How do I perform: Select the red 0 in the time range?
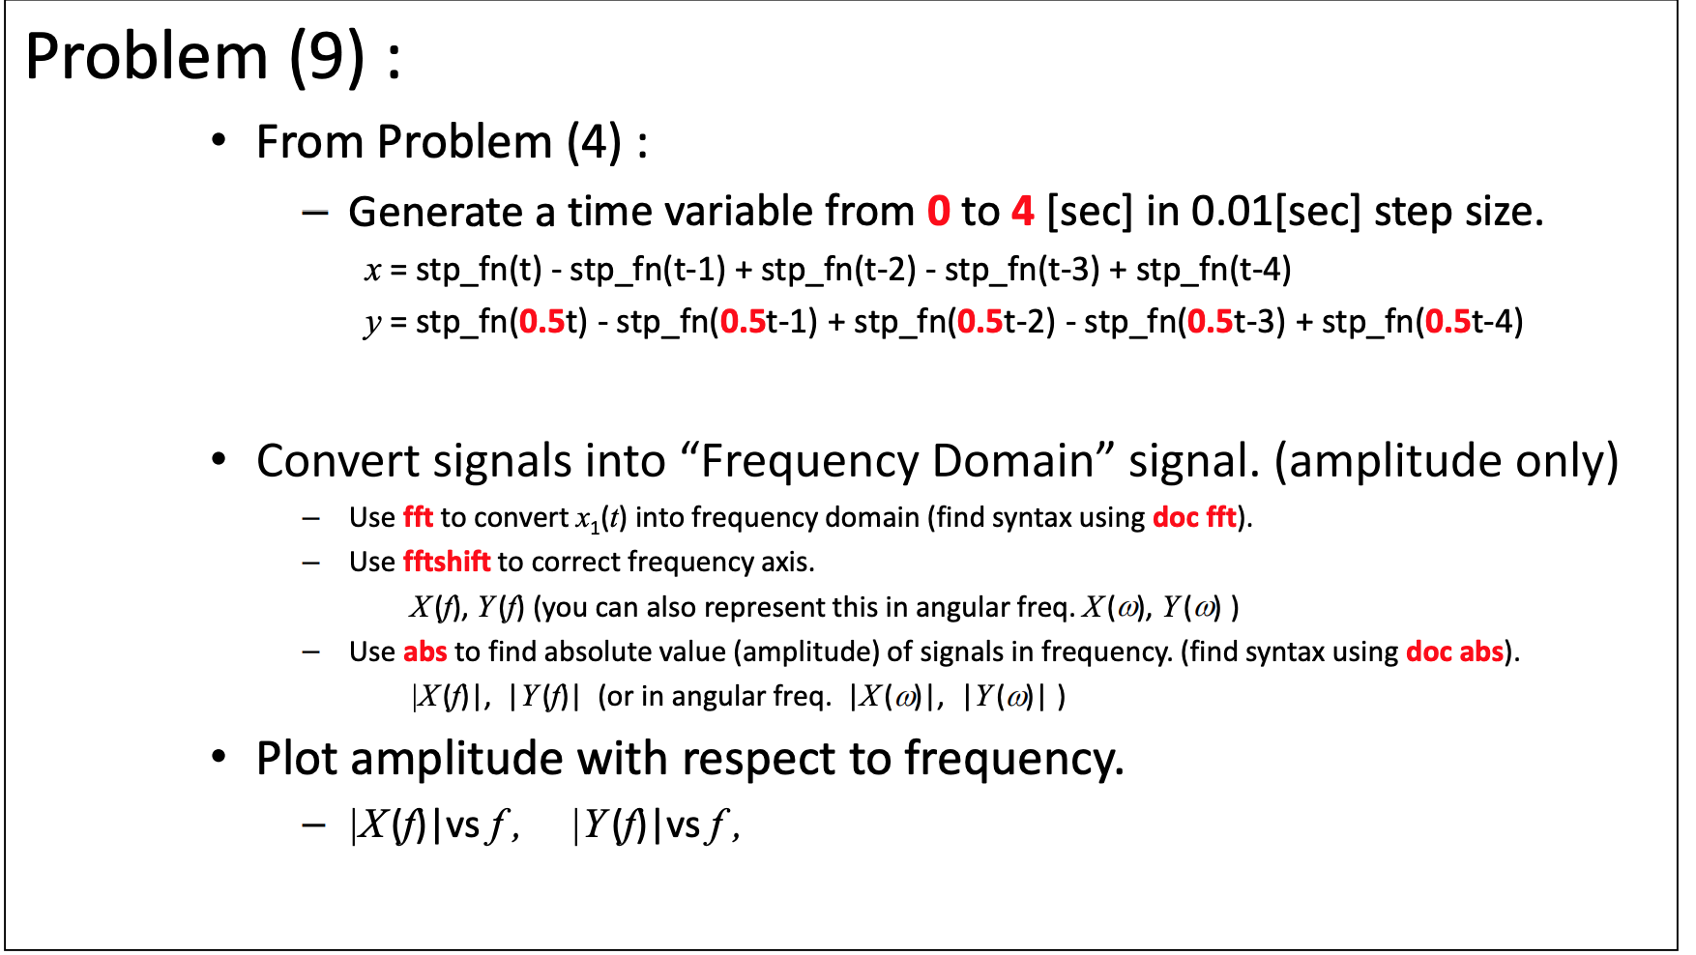point(938,212)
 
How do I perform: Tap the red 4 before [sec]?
point(1022,212)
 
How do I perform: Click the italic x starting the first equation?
point(372,270)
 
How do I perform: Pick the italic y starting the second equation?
point(372,323)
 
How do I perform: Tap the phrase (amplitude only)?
point(1446,461)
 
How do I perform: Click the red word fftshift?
point(447,562)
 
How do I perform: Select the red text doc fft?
point(1194,517)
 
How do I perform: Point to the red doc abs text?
point(1454,651)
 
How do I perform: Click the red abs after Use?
point(424,651)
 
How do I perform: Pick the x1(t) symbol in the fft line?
point(600,519)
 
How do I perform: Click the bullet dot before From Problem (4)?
point(219,141)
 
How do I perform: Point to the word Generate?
point(435,212)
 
